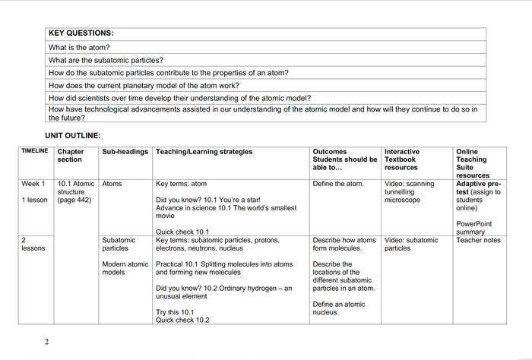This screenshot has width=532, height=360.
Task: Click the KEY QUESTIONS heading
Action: [81, 33]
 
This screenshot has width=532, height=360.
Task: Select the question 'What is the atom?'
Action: [79, 47]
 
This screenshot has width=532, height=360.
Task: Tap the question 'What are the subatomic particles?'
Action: [106, 60]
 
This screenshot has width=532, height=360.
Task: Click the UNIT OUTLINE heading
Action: [72, 135]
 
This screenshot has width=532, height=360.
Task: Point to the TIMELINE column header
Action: [35, 151]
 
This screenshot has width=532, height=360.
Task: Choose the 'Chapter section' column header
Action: [70, 156]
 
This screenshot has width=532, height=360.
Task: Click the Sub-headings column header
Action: [125, 152]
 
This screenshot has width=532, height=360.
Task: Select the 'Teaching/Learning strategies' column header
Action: [204, 152]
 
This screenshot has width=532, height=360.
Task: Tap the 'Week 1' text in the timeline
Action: [33, 184]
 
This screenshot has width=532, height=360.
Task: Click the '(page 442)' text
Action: [74, 201]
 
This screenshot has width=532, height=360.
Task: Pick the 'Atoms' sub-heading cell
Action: [112, 184]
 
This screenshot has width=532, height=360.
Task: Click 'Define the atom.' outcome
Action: [338, 184]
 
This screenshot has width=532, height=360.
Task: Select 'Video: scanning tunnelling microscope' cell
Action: [409, 192]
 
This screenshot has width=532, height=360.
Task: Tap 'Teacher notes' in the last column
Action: [478, 240]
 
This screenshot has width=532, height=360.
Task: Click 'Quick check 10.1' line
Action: [182, 232]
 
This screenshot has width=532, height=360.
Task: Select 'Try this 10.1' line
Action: [175, 312]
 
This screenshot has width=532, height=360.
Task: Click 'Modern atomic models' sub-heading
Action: [125, 268]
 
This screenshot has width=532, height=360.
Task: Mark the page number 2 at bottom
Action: [46, 342]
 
